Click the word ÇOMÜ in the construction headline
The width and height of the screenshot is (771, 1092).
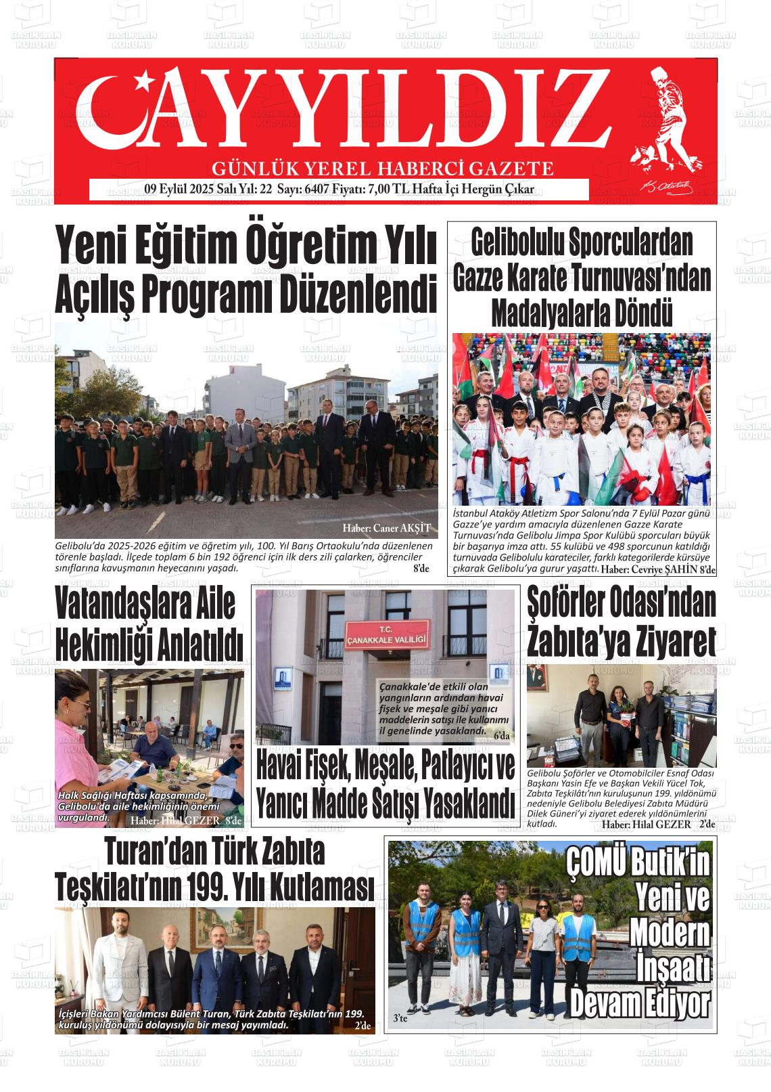[x=596, y=863]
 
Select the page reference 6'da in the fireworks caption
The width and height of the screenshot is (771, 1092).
[x=503, y=736]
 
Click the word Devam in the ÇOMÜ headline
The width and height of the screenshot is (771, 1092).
[x=609, y=1002]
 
